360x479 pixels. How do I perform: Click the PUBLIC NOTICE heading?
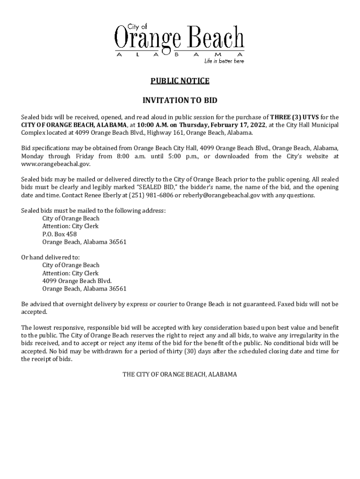180,81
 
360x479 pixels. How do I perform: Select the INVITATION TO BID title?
180,101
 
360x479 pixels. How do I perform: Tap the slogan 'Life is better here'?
223,61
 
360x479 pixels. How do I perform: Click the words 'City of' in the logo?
137,27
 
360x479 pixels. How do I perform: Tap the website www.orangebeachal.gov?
56,164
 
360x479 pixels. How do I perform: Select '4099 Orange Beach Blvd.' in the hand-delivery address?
77,281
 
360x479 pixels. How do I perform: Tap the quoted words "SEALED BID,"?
156,187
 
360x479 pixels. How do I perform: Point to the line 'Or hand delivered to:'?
50,257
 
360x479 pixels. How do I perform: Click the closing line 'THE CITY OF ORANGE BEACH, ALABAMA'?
180,374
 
